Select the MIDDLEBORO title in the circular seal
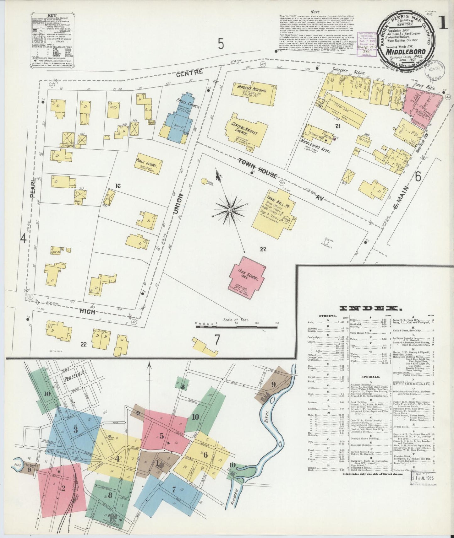pos(406,51)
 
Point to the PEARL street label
pos(32,188)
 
